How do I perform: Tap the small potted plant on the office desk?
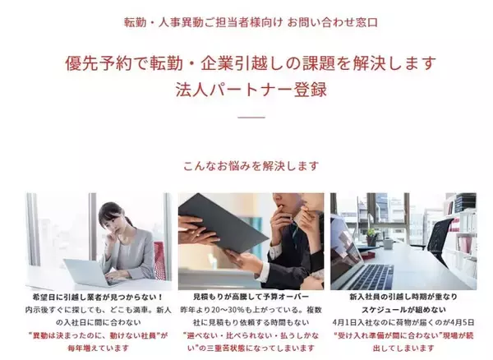click(371, 235)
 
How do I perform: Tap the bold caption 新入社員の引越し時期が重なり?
click(403, 295)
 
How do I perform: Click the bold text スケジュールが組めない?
click(403, 309)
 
